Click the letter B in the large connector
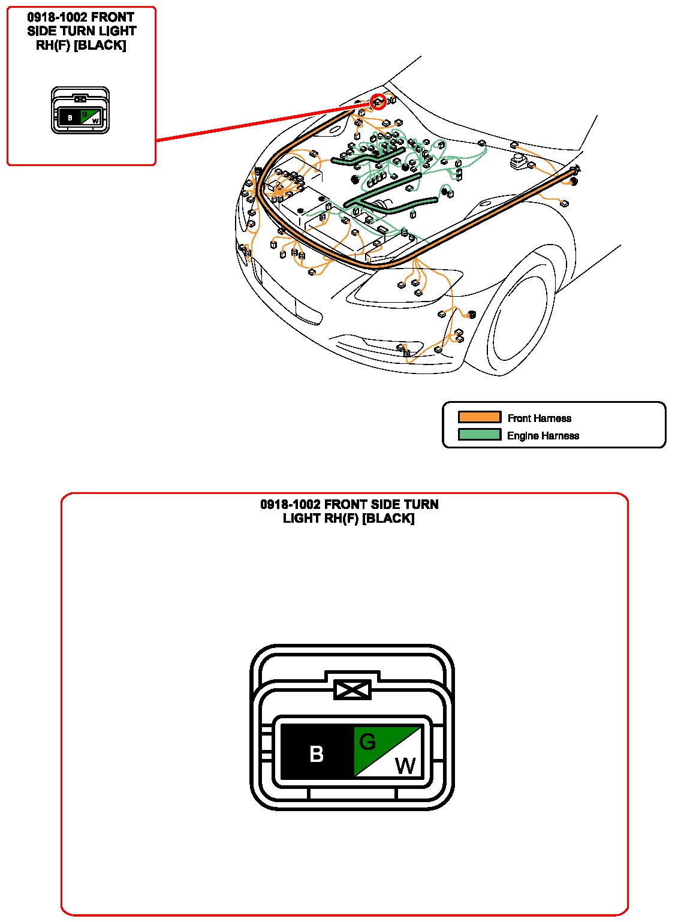point(316,754)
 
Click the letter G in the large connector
point(367,742)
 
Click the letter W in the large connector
point(405,766)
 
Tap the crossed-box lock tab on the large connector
point(352,690)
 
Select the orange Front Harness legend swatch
point(480,417)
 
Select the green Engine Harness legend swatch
point(480,435)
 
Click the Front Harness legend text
point(539,418)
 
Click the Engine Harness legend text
point(543,435)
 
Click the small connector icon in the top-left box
point(80,110)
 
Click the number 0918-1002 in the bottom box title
point(290,504)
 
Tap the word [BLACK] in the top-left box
point(100,45)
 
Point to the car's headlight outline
point(405,288)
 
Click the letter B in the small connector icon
point(70,117)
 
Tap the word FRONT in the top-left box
point(112,17)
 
